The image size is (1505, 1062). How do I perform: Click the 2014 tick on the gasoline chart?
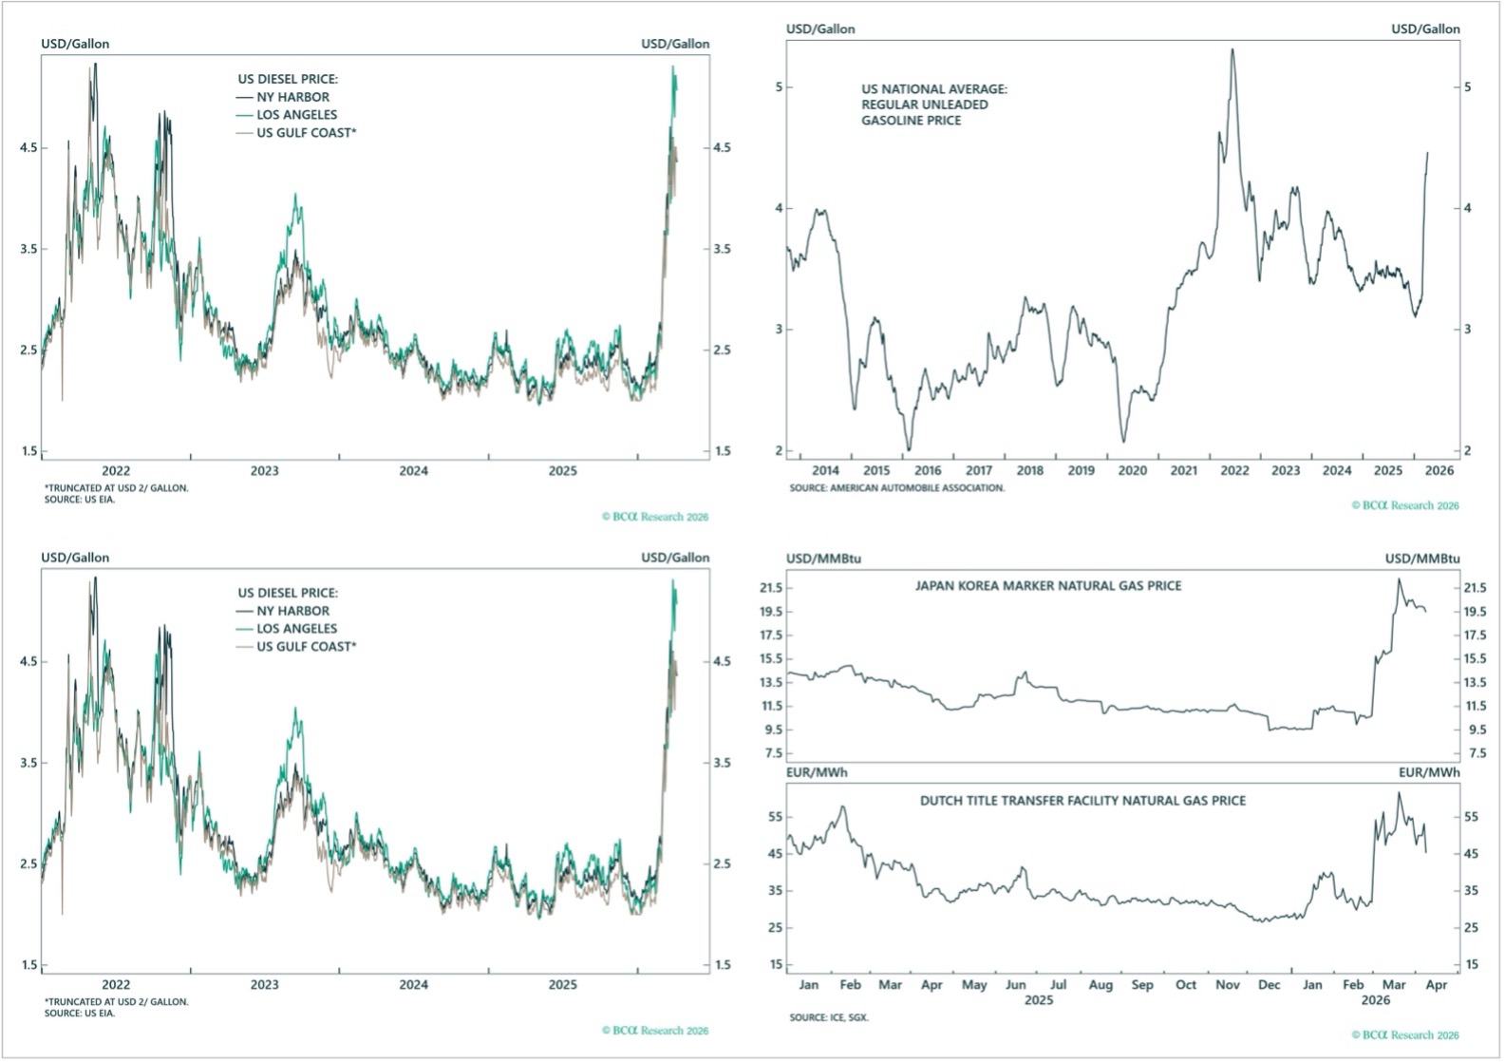826,470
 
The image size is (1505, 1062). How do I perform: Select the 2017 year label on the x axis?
979,470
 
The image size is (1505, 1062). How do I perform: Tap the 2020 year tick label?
1132,470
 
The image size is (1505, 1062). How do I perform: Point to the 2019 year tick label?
1081,470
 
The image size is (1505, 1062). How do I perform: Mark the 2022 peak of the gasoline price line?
1232,49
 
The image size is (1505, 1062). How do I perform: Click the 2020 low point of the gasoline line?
1124,442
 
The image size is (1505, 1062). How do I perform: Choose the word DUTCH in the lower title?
940,801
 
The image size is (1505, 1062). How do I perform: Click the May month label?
974,985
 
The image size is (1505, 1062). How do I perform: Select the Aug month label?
1101,985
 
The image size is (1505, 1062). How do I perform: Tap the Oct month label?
1186,985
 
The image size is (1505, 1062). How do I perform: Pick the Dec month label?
1270,985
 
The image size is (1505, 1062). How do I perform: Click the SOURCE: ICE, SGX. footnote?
829,1017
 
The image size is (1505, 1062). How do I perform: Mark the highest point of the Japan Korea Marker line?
1399,578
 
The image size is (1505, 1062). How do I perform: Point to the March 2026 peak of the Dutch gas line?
1399,792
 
